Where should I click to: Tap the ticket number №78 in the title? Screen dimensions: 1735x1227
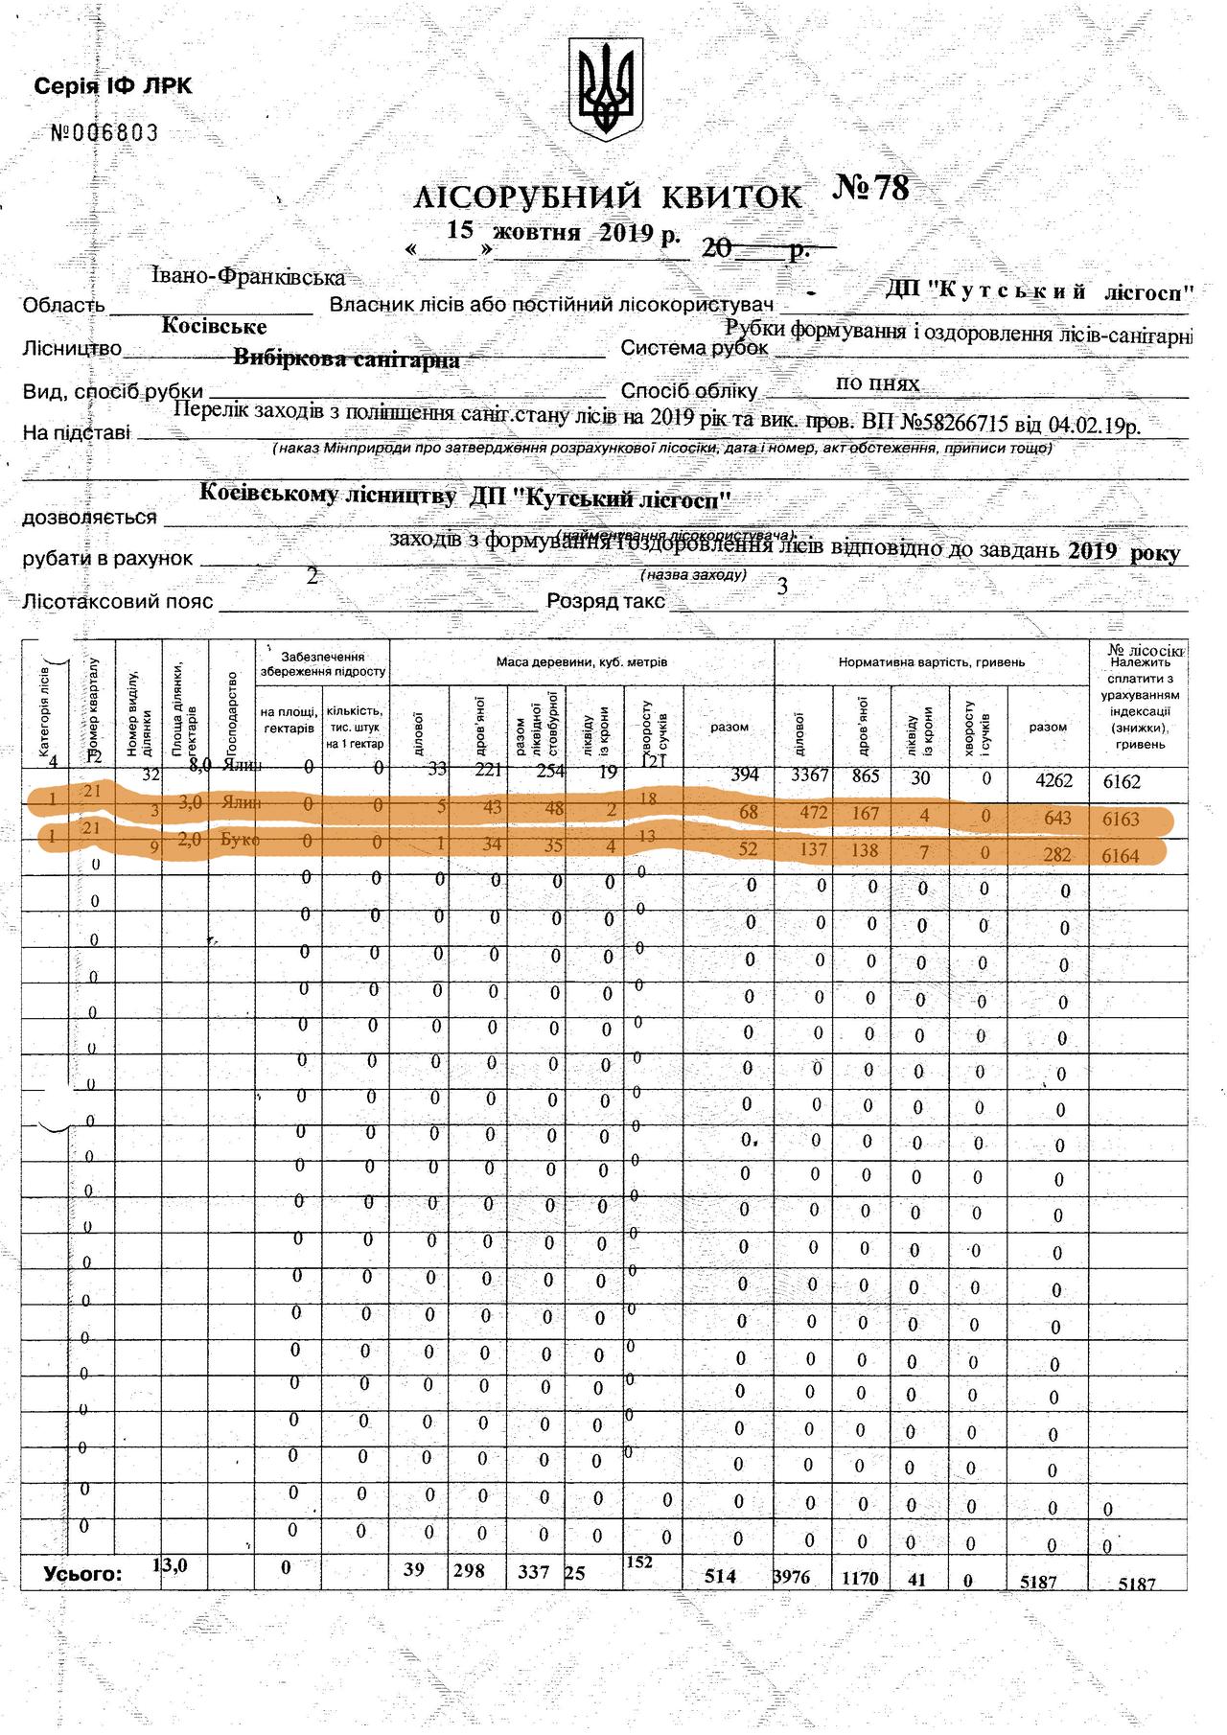pos(870,188)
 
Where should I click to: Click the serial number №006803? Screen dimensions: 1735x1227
pos(104,133)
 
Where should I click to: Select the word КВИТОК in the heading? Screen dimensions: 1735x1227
pos(731,197)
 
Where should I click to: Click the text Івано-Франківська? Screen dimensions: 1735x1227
pos(247,277)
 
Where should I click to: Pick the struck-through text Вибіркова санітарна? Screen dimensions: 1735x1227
pos(346,359)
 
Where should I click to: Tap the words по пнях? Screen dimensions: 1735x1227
pos(877,383)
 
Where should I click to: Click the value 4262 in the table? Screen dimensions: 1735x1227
pos(1053,780)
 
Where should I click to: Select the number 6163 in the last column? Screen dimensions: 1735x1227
pos(1121,820)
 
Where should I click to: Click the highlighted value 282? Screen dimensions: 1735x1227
pos(1056,854)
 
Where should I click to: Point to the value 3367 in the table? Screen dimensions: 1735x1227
pos(809,776)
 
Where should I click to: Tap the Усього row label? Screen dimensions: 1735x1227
pos(82,1573)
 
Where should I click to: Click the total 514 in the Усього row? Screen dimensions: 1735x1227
pos(720,1576)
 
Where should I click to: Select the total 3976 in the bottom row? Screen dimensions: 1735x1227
pos(791,1576)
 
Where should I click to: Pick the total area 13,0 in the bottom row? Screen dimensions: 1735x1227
pos(171,1564)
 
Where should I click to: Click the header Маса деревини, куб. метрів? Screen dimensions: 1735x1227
pos(581,662)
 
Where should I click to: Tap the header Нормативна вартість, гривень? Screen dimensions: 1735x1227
pos(931,662)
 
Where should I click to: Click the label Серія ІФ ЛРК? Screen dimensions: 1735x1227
pos(113,86)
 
